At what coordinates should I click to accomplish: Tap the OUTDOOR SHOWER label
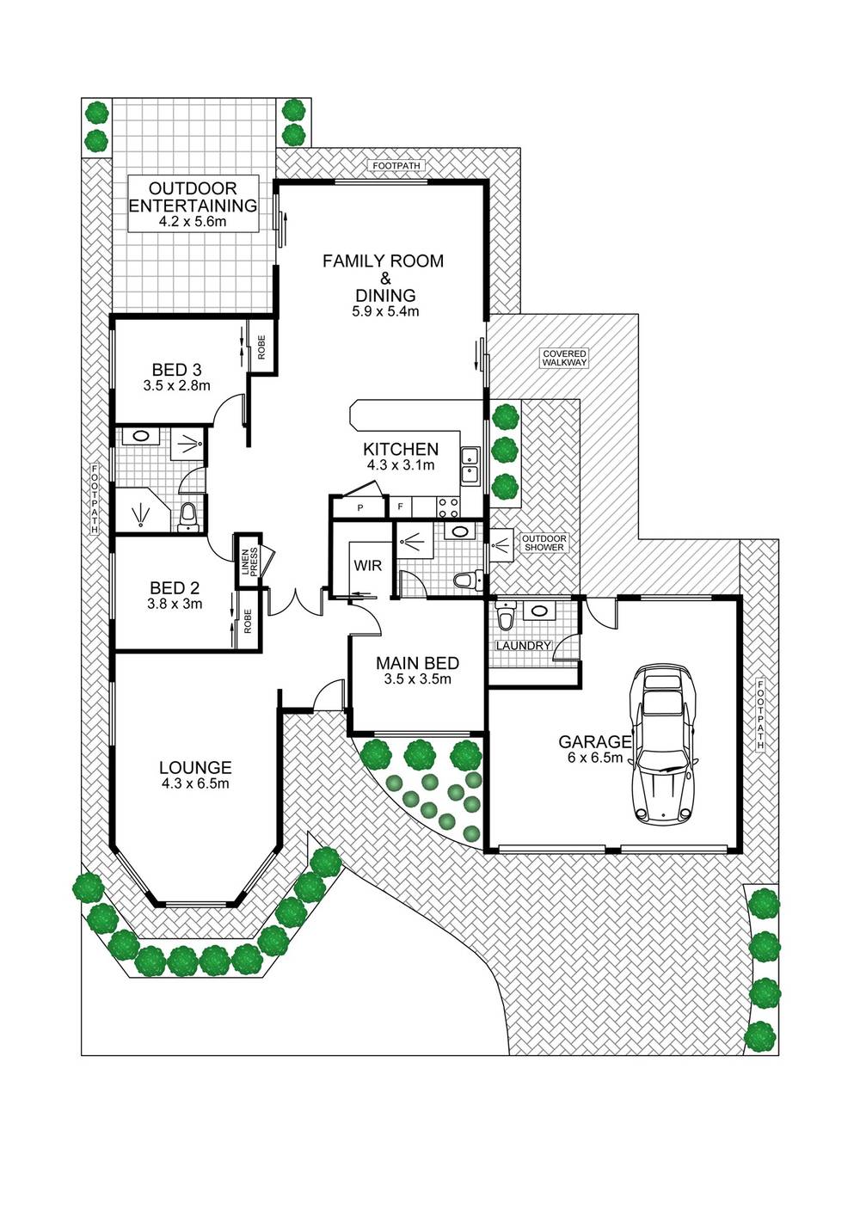pyautogui.click(x=544, y=543)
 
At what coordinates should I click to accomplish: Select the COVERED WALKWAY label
pyautogui.click(x=565, y=359)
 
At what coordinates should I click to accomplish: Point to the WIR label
pyautogui.click(x=368, y=566)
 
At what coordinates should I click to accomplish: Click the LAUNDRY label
pyautogui.click(x=524, y=646)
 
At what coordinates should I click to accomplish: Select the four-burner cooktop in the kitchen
pyautogui.click(x=448, y=507)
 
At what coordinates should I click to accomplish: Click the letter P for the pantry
pyautogui.click(x=359, y=508)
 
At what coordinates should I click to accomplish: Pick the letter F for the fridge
pyautogui.click(x=400, y=508)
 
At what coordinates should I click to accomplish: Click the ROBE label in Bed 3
pyautogui.click(x=261, y=347)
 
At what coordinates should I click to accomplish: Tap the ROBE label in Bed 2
pyautogui.click(x=249, y=622)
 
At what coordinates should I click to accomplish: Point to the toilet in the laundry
pyautogui.click(x=506, y=616)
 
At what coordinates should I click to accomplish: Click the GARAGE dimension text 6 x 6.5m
pyautogui.click(x=595, y=758)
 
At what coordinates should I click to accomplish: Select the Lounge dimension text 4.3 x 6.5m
pyautogui.click(x=195, y=783)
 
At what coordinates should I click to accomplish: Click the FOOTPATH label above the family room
pyautogui.click(x=396, y=166)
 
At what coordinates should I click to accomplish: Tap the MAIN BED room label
pyautogui.click(x=417, y=663)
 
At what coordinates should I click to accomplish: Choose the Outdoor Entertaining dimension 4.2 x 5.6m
pyautogui.click(x=193, y=222)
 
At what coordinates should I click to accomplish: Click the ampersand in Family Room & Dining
pyautogui.click(x=385, y=279)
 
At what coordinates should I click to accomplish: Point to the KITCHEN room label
pyautogui.click(x=401, y=449)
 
